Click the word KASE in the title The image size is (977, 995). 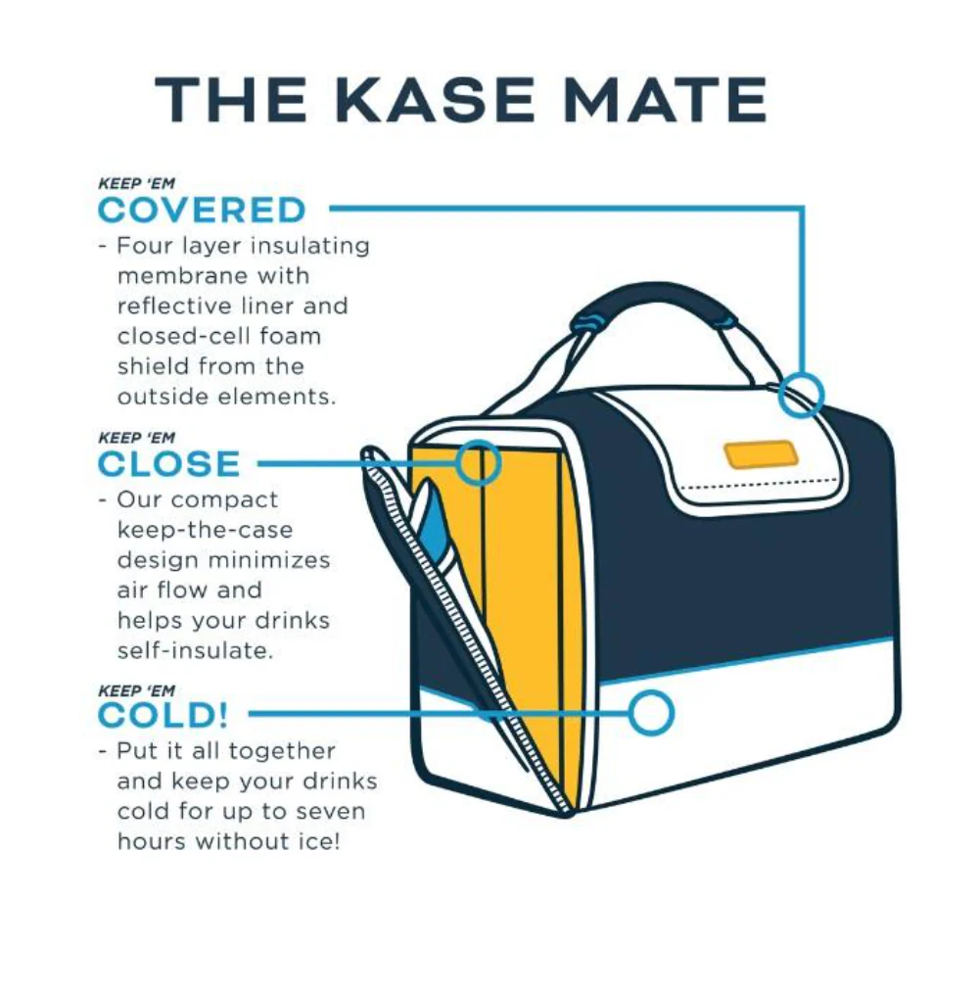[435, 100]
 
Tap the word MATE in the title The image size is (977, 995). [666, 100]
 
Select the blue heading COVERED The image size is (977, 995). [202, 210]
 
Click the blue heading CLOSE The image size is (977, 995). [168, 463]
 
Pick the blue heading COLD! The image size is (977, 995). [163, 716]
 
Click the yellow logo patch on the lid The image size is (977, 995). [761, 454]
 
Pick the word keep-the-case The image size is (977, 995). [205, 531]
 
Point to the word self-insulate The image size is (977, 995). [195, 650]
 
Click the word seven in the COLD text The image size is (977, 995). [330, 812]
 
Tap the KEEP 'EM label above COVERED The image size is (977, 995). [136, 184]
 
